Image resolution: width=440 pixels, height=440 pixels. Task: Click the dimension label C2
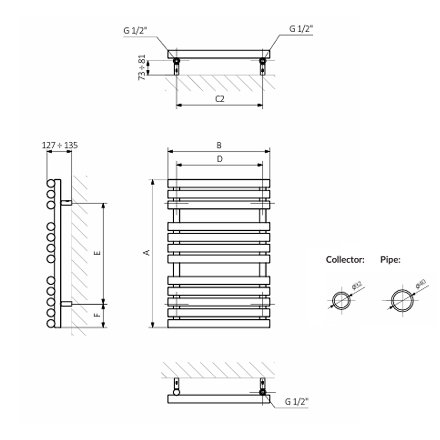click(x=220, y=99)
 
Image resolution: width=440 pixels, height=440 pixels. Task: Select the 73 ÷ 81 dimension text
click(x=142, y=67)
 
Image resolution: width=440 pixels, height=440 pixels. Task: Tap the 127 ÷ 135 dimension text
click(x=60, y=145)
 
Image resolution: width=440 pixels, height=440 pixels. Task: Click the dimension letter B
click(x=219, y=145)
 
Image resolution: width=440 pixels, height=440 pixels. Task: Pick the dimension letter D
click(x=220, y=159)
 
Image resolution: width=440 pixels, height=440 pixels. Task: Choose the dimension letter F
click(x=97, y=315)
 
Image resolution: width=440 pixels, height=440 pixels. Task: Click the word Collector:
click(x=345, y=260)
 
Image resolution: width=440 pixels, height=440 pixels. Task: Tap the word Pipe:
click(x=390, y=260)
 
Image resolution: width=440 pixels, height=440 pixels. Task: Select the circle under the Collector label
click(x=341, y=301)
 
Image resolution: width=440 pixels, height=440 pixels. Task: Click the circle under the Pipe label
click(x=402, y=300)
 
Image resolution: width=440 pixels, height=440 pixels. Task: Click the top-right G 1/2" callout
click(x=301, y=29)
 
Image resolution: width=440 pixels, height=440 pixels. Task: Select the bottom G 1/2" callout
click(x=297, y=402)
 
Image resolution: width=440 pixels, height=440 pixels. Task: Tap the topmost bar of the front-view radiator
click(x=219, y=183)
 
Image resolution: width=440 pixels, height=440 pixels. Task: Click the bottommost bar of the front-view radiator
click(x=219, y=324)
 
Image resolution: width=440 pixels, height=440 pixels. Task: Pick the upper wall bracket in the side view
click(x=66, y=203)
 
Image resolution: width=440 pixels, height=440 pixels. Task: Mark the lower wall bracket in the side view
click(x=66, y=304)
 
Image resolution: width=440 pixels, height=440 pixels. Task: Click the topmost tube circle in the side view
click(x=51, y=183)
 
